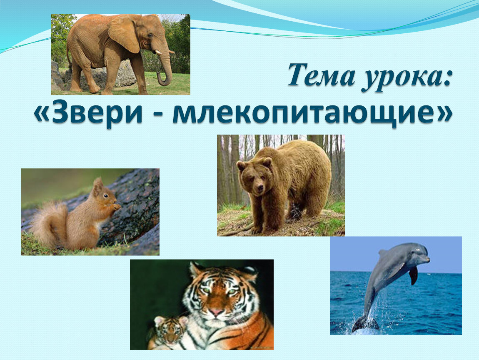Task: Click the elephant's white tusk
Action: pyautogui.click(x=158, y=52)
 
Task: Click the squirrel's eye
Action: pyautogui.click(x=105, y=195)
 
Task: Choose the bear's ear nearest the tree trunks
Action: pyautogui.click(x=241, y=166)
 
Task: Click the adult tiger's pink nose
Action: pyautogui.click(x=216, y=312)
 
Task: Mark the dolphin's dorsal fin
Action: pyautogui.click(x=383, y=253)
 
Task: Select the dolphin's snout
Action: pyautogui.click(x=426, y=260)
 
